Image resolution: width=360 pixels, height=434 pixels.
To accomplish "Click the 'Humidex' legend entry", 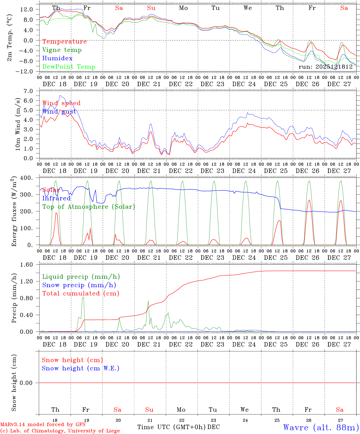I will [x=57, y=58].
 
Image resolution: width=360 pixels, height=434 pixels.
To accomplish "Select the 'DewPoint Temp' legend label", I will [x=69, y=67].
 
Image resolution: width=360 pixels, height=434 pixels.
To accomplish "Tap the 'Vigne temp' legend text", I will [x=62, y=50].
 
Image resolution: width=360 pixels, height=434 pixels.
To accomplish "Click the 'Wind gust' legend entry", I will [x=59, y=112].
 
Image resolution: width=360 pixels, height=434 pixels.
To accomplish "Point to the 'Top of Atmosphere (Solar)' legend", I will [x=88, y=207].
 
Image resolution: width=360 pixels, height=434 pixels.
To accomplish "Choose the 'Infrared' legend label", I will [x=56, y=198].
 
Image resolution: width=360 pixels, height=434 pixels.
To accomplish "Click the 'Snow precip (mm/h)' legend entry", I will [x=79, y=285].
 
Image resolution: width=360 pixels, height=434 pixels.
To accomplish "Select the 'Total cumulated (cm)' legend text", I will [x=81, y=294].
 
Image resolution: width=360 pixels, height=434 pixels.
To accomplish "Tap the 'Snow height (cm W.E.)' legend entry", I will [x=80, y=368].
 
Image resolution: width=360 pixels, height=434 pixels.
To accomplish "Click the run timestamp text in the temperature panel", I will [x=326, y=67].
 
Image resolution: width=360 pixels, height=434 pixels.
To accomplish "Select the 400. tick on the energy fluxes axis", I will [x=27, y=178].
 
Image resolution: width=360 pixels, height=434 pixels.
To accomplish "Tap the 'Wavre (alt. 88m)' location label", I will [x=321, y=427].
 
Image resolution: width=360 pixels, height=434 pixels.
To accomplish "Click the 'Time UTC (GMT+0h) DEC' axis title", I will [x=178, y=427].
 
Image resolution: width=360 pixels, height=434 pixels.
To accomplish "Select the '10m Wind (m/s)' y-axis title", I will [x=18, y=124].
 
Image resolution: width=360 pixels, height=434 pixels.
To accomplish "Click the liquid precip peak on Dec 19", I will [x=83, y=297].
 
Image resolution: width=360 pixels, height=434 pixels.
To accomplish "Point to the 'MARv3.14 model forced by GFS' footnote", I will [x=43, y=425].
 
